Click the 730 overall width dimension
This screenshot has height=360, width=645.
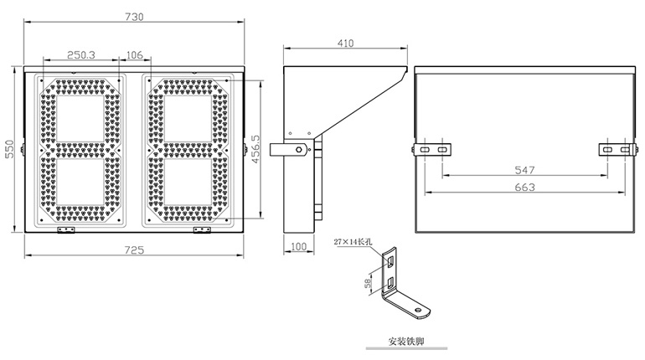click(x=133, y=16)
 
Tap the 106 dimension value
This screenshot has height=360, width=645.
click(x=134, y=54)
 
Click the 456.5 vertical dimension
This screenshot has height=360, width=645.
click(x=256, y=148)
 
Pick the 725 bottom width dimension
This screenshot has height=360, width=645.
click(x=135, y=249)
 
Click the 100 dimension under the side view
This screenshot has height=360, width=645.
click(x=299, y=247)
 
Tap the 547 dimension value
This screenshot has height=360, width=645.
click(x=524, y=170)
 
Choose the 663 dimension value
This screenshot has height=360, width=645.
click(x=524, y=188)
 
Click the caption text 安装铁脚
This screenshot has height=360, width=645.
click(x=406, y=342)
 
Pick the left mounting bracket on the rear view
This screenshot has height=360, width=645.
click(x=433, y=148)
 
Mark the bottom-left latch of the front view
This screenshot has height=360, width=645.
click(x=66, y=229)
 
